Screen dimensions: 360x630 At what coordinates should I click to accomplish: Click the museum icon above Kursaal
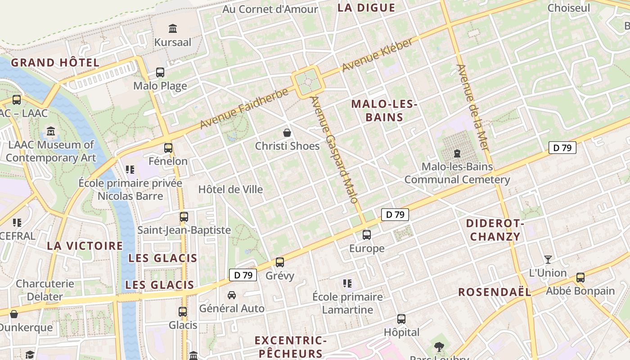[172, 29]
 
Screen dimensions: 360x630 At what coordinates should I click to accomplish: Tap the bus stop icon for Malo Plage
[160, 72]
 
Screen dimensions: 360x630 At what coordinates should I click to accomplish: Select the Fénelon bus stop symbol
[168, 148]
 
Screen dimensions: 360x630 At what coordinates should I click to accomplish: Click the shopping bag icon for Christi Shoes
[287, 133]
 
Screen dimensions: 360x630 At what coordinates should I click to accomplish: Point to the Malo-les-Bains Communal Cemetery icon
[457, 153]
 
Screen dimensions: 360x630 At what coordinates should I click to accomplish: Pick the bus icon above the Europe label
[367, 234]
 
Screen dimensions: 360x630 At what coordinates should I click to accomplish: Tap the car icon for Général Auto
[232, 295]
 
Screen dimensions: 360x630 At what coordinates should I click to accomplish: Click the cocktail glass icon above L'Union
[548, 259]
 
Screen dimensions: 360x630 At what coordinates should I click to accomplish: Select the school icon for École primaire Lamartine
[347, 283]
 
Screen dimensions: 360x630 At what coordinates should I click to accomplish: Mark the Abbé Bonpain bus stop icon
[580, 277]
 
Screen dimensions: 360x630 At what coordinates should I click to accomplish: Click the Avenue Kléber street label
[378, 55]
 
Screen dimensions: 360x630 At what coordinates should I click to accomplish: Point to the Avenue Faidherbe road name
[244, 108]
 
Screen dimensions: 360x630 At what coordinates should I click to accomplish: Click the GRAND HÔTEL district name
[55, 63]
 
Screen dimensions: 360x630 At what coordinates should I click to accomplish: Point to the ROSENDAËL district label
[495, 292]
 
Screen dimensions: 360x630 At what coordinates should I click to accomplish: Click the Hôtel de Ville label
[230, 189]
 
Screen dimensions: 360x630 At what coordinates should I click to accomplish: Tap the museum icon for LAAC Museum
[51, 132]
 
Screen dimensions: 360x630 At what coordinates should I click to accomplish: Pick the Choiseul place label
[568, 8]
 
